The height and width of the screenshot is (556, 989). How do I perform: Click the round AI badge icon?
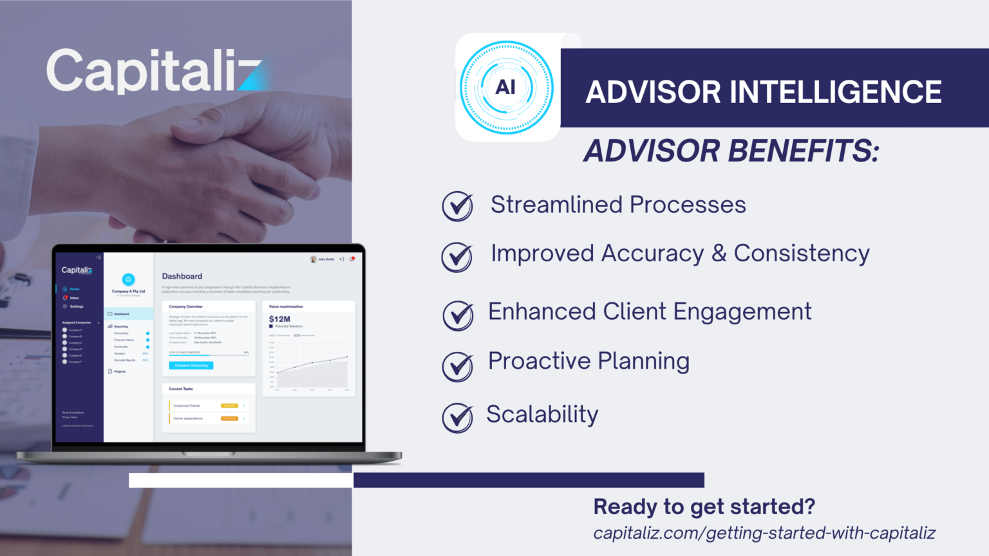click(x=506, y=88)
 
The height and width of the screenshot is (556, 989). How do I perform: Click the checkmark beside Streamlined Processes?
click(x=458, y=206)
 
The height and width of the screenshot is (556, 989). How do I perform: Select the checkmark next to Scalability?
click(x=458, y=417)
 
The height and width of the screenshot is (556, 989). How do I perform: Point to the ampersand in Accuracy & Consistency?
click(x=719, y=254)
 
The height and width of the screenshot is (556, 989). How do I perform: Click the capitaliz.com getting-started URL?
click(x=764, y=533)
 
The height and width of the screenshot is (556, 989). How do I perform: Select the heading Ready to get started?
click(x=704, y=507)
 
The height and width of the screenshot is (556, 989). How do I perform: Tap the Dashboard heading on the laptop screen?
click(x=182, y=276)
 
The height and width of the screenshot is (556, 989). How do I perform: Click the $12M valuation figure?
click(x=279, y=319)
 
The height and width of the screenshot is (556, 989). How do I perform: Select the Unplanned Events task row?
click(x=209, y=405)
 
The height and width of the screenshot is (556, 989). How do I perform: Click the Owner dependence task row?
click(x=209, y=418)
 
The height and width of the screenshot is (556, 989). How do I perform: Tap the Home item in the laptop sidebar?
click(x=74, y=289)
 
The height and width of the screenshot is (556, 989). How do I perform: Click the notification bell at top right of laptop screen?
click(x=352, y=259)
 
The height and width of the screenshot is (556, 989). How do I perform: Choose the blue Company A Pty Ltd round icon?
click(x=128, y=279)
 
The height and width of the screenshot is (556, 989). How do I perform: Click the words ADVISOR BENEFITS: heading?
click(x=731, y=152)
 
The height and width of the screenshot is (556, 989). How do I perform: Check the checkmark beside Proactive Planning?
click(x=458, y=366)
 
